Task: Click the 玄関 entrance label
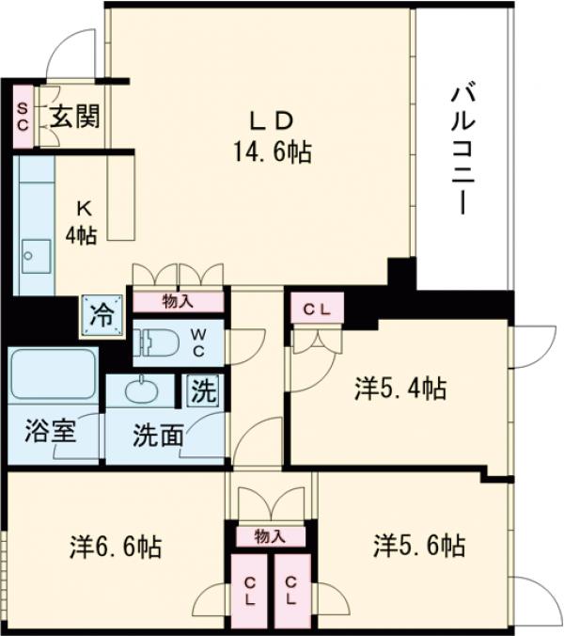coord(75,118)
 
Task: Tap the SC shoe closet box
coord(23,118)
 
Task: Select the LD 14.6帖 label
coord(273,135)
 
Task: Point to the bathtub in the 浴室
coord(54,375)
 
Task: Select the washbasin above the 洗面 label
coord(141,390)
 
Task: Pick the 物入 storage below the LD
coord(178,301)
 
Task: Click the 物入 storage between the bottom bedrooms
coord(271,536)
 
